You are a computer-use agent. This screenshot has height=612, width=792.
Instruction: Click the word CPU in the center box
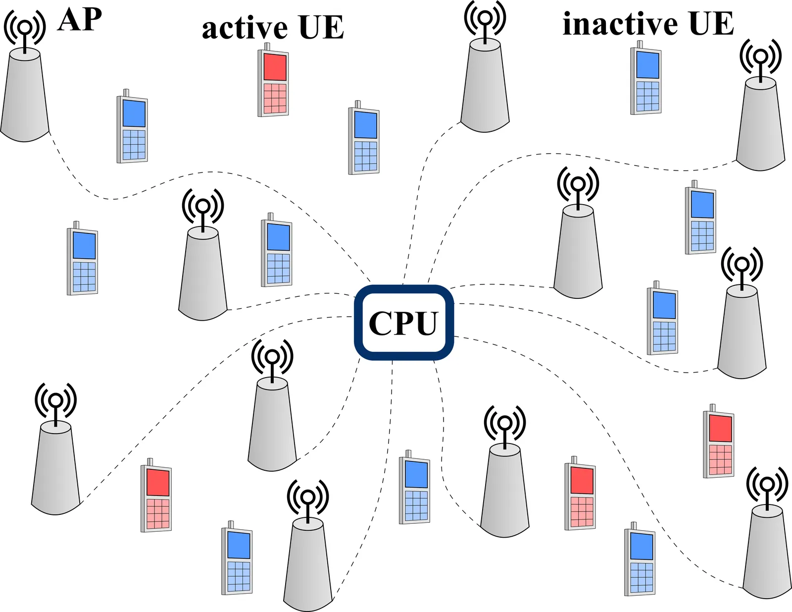click(403, 323)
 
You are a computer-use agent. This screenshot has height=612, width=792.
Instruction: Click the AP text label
click(80, 20)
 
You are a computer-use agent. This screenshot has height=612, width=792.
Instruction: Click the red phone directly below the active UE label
click(273, 82)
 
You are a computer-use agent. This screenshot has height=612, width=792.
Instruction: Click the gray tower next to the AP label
click(25, 97)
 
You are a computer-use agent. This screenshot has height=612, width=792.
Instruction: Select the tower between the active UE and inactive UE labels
click(485, 87)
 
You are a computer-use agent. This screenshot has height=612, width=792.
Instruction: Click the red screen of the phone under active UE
click(275, 67)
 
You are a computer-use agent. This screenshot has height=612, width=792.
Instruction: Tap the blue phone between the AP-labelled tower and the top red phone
click(132, 128)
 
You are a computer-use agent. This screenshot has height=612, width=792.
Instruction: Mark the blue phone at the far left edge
click(82, 260)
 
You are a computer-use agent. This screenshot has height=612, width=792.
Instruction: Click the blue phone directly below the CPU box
click(414, 489)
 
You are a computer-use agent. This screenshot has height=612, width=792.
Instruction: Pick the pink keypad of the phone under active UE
click(275, 98)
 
